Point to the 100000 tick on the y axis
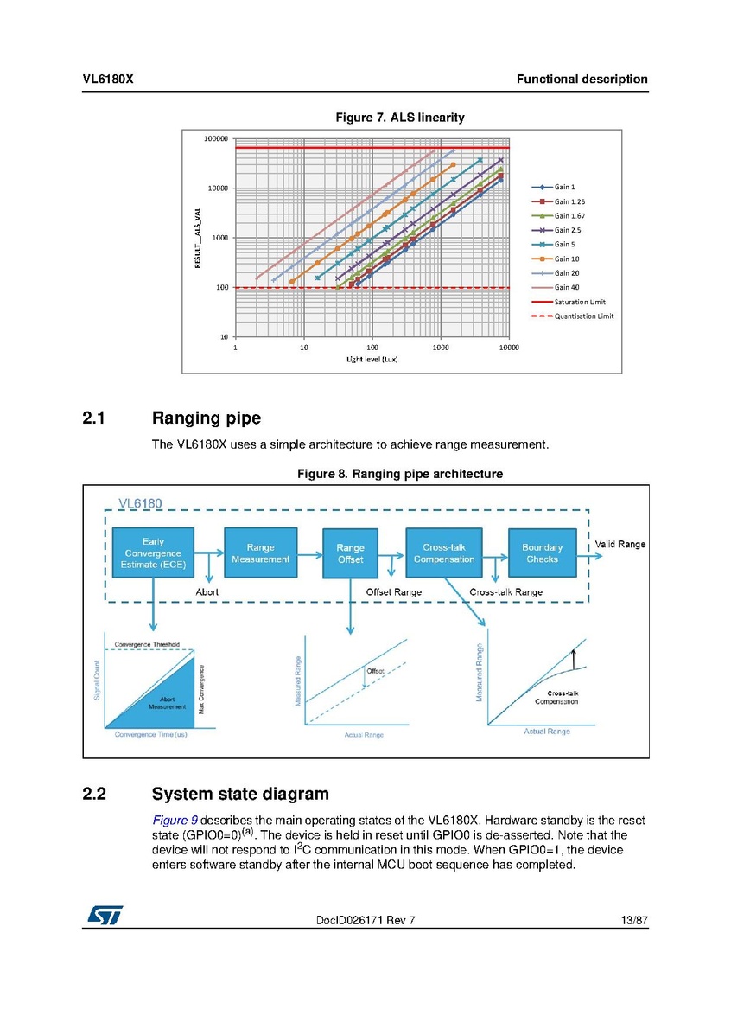point(216,138)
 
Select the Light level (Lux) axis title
point(372,360)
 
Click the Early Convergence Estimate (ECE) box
point(153,553)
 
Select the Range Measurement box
point(260,553)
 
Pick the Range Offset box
point(350,553)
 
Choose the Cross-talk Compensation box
point(443,553)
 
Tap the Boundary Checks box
point(542,553)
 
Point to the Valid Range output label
point(620,544)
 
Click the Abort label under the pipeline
point(207,591)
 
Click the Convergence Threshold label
point(148,645)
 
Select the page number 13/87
point(634,921)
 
